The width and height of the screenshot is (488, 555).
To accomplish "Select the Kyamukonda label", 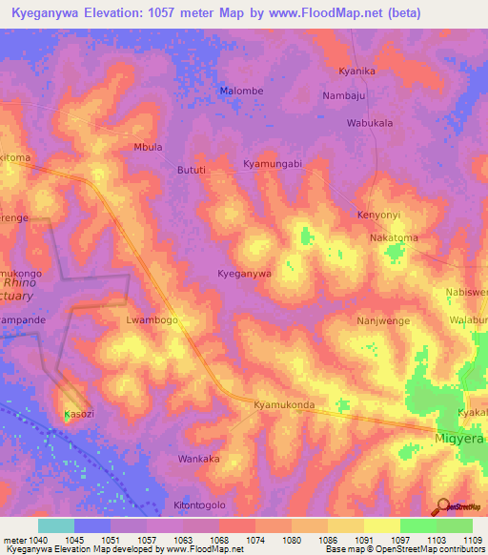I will coord(284,405).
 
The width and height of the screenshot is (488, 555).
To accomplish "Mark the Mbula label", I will coord(148,148).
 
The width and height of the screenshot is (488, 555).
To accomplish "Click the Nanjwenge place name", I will coord(383,321).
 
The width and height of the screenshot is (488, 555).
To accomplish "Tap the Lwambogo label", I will coord(152,321).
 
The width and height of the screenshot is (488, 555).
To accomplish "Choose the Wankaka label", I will coord(199,459).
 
